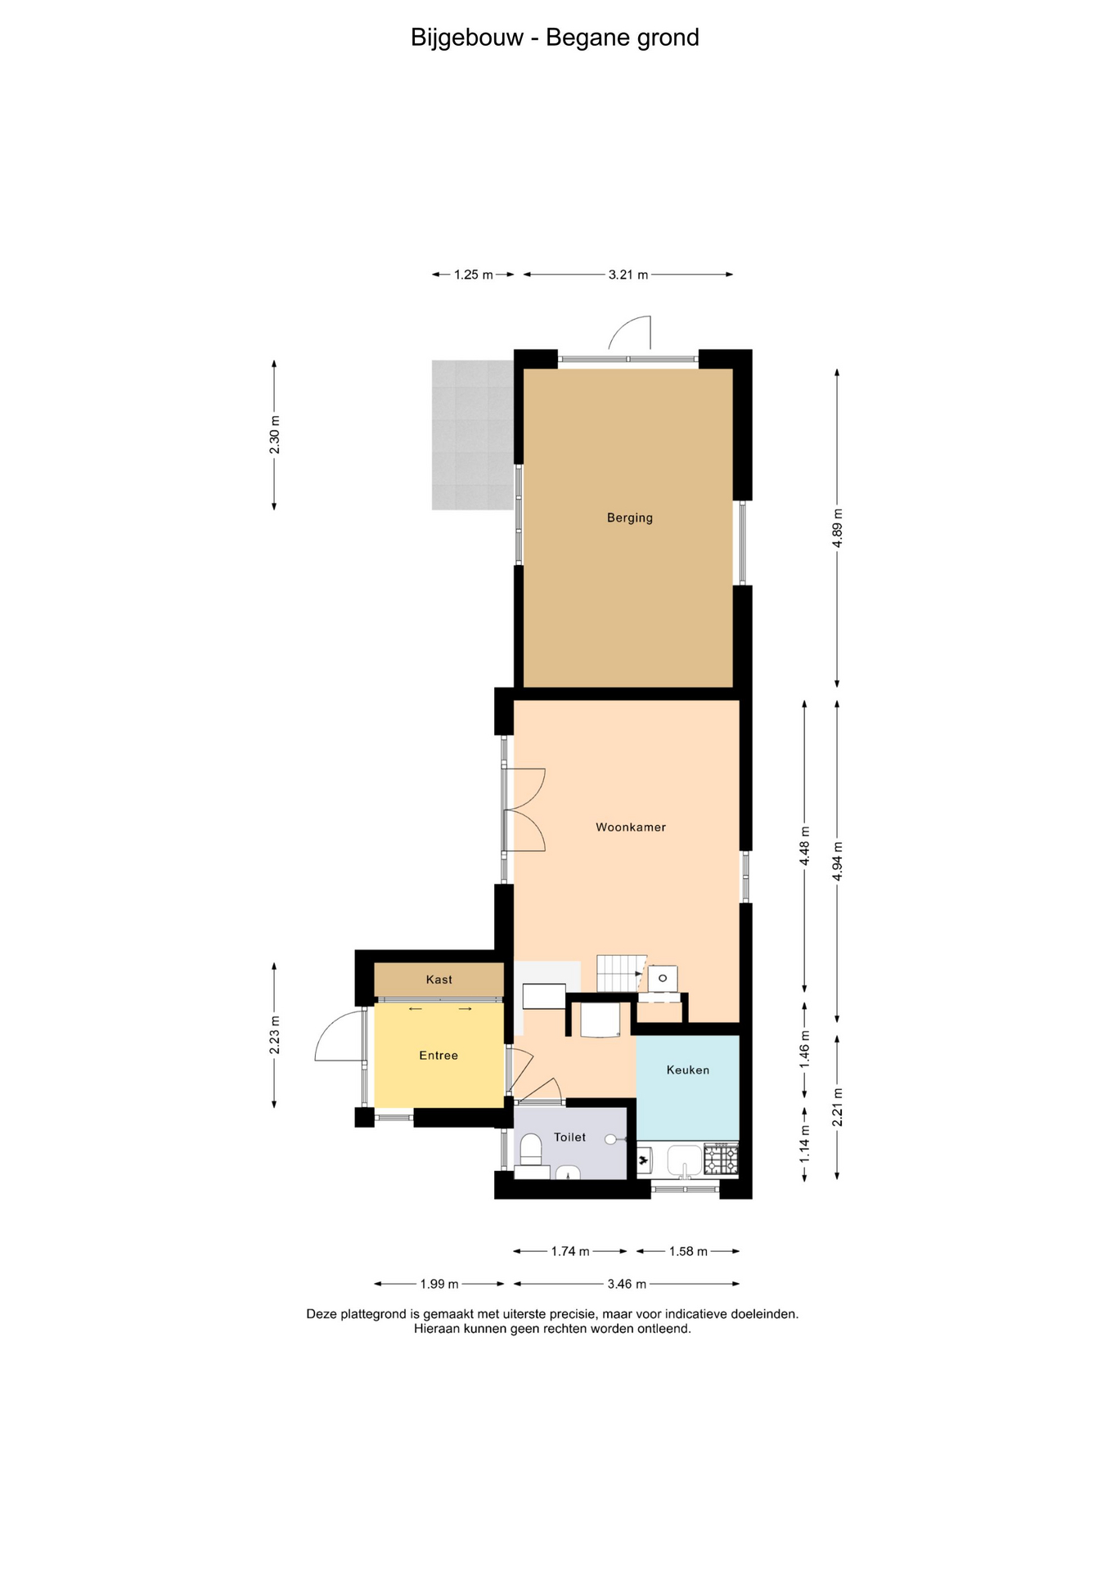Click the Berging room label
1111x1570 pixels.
coord(629,518)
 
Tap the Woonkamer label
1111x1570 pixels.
coord(631,828)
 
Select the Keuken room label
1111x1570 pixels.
coord(688,1070)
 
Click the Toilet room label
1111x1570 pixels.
coord(570,1137)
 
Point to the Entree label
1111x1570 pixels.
coord(439,1056)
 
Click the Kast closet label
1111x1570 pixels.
coord(439,980)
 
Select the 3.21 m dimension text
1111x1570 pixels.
coord(628,275)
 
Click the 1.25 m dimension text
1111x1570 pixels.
coord(474,275)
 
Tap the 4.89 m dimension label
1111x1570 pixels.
coord(837,528)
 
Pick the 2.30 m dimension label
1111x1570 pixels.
coord(275,435)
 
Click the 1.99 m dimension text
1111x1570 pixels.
coord(439,1284)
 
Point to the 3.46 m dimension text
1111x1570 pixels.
coord(627,1284)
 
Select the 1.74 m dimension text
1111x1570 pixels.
coord(570,1251)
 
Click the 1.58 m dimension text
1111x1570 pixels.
coord(688,1251)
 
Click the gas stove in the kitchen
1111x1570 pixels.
coord(721,1160)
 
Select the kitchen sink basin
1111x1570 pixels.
coord(685,1159)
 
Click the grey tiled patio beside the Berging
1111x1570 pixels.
coord(473,435)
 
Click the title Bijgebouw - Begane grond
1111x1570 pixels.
coord(555,38)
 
